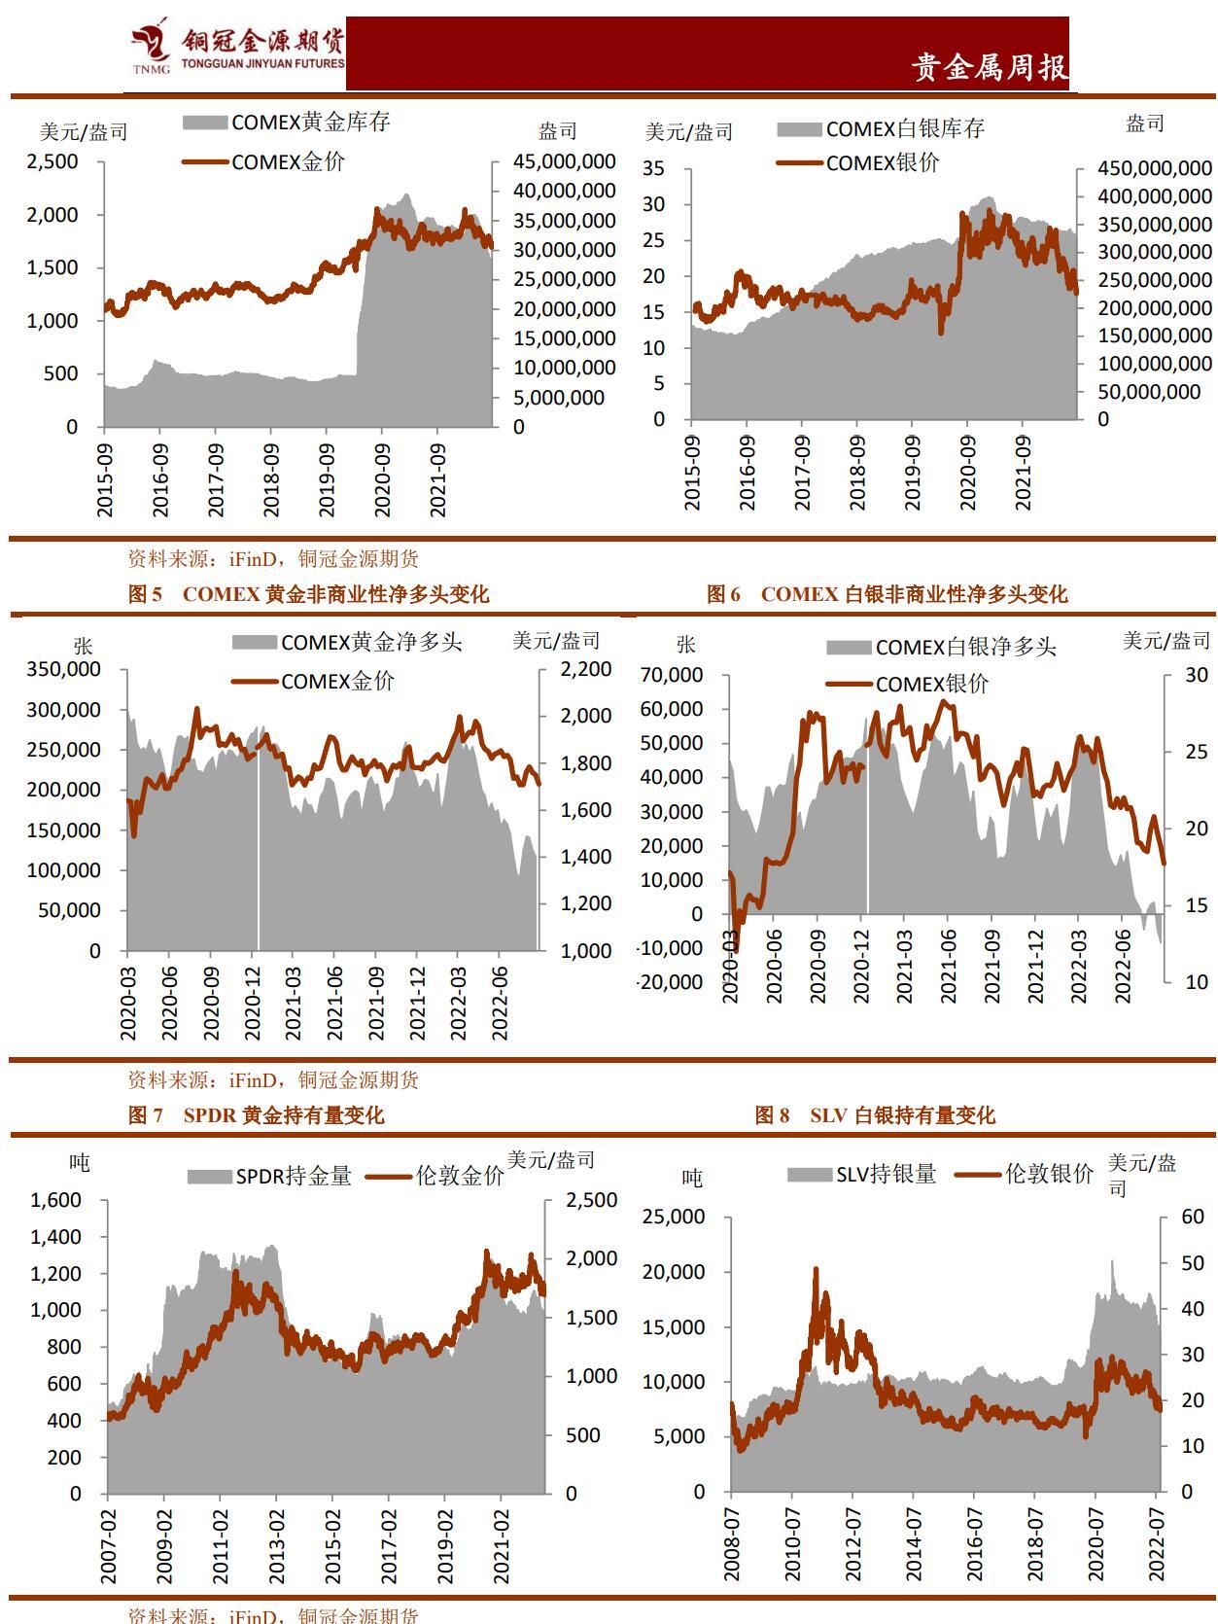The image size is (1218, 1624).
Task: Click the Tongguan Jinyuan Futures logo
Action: [237, 48]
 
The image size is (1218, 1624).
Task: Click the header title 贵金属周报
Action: [989, 67]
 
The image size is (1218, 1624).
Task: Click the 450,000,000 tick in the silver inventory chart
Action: [1154, 169]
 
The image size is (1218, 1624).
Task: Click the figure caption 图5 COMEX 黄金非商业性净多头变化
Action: [308, 594]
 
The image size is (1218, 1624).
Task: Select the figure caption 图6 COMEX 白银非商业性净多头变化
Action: [886, 594]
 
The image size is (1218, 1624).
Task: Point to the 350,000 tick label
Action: [64, 669]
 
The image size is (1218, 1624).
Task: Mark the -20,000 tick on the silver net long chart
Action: [670, 982]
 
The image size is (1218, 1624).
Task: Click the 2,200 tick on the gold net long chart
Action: [586, 669]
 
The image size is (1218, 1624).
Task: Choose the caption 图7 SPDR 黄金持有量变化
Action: [256, 1115]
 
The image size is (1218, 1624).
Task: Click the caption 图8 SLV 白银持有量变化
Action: [875, 1115]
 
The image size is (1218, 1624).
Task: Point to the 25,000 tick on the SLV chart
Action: [674, 1217]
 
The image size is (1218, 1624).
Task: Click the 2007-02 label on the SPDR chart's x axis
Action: [108, 1546]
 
